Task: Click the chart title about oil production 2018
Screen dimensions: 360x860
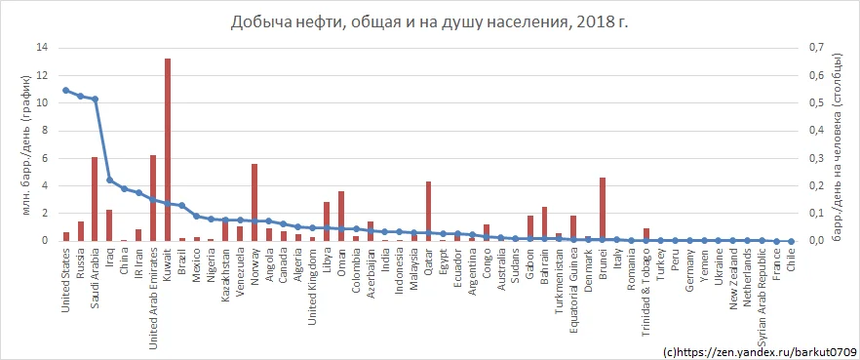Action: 429,21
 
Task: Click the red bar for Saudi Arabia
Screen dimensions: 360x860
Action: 95,198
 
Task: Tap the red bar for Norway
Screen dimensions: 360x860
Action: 254,202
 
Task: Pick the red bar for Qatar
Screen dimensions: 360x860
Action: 428,211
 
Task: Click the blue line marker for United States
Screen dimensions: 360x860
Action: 65,90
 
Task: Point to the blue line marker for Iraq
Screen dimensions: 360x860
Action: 109,180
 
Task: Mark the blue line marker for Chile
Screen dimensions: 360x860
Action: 791,240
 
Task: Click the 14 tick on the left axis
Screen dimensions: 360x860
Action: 40,47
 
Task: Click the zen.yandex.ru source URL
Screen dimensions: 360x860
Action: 759,349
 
